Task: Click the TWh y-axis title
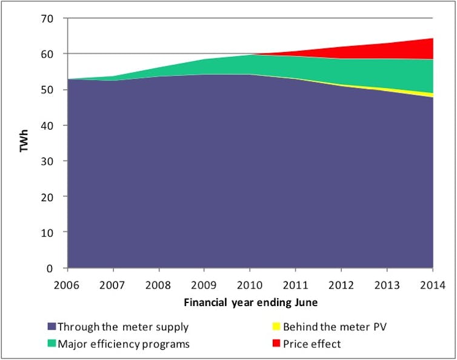click(25, 143)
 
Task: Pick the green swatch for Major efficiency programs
click(50, 344)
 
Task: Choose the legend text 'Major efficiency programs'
click(124, 344)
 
